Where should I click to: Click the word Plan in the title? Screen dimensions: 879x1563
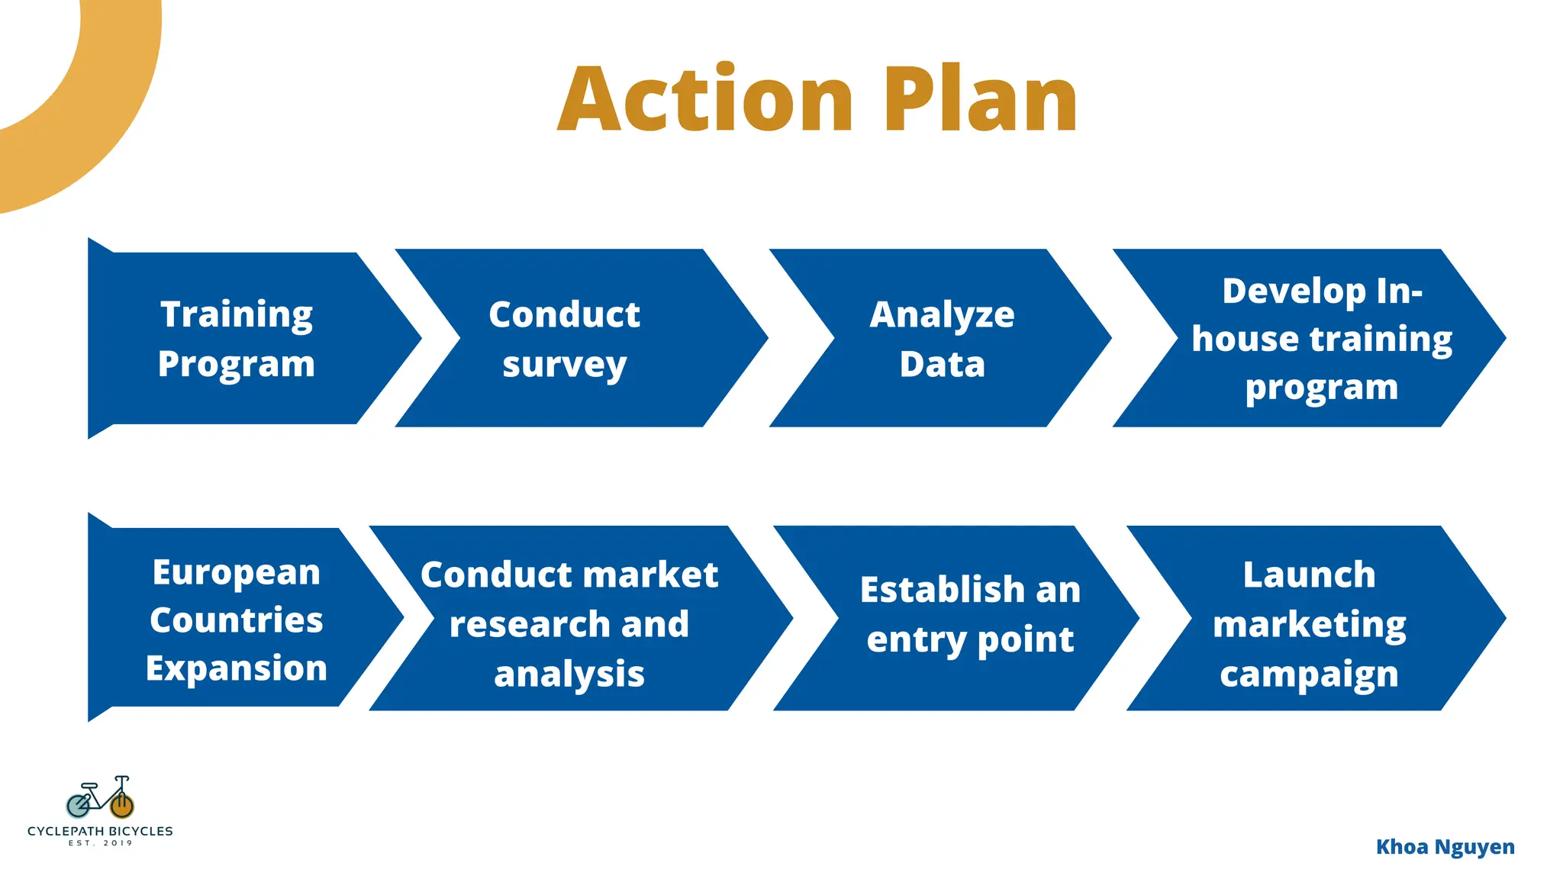tap(980, 100)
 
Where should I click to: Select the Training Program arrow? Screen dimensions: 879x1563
tap(237, 339)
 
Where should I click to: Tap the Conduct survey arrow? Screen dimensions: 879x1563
tap(565, 339)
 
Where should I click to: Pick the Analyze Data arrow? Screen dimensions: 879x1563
tap(942, 339)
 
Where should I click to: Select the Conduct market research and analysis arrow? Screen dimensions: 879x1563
tap(569, 623)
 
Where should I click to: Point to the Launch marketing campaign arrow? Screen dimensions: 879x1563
tap(1310, 623)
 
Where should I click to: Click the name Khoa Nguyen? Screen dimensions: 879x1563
tap(1445, 847)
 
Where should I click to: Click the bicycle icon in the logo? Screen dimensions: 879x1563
tap(100, 797)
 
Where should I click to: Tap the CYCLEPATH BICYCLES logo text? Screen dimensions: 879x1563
tap(100, 831)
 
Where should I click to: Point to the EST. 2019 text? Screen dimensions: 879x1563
tap(100, 843)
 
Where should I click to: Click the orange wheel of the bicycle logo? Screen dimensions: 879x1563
tap(122, 805)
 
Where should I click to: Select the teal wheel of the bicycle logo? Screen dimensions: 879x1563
tap(78, 805)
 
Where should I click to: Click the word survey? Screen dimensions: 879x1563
tap(565, 365)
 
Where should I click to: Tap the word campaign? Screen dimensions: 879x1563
tap(1310, 675)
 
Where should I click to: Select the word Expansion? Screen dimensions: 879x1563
tap(237, 668)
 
